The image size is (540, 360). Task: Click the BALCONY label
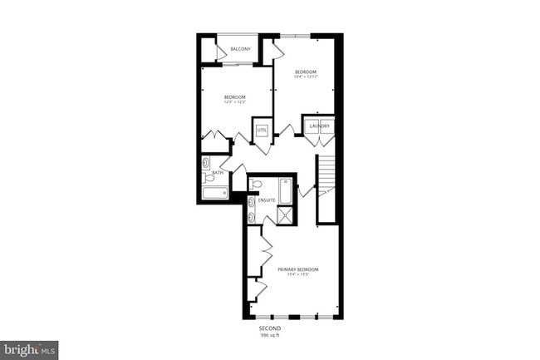pyautogui.click(x=241, y=49)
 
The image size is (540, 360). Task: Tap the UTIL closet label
pyautogui.click(x=262, y=131)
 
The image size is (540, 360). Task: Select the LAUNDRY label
pyautogui.click(x=320, y=126)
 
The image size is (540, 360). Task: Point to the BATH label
pyautogui.click(x=218, y=173)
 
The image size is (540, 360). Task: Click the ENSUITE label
pyautogui.click(x=267, y=200)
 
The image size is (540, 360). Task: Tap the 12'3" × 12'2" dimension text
pyautogui.click(x=234, y=103)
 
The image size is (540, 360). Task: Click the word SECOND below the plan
pyautogui.click(x=269, y=328)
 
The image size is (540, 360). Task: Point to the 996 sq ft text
pyautogui.click(x=269, y=335)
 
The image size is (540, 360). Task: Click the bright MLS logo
pyautogui.click(x=29, y=349)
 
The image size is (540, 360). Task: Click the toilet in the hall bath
pyautogui.click(x=209, y=177)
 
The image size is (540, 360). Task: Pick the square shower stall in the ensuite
pyautogui.click(x=284, y=215)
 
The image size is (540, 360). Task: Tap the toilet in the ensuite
pyautogui.click(x=257, y=185)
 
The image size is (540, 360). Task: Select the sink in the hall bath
pyautogui.click(x=206, y=163)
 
